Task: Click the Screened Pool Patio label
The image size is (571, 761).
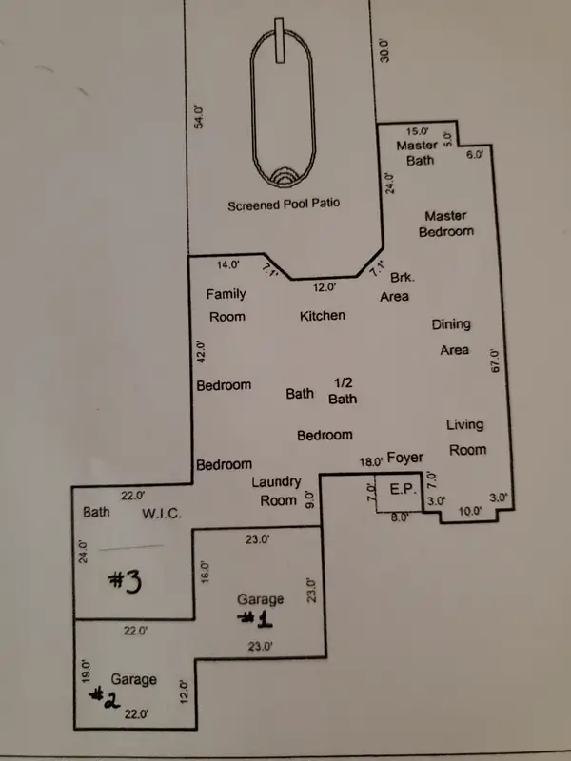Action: pyautogui.click(x=284, y=205)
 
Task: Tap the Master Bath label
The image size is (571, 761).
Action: pyautogui.click(x=417, y=152)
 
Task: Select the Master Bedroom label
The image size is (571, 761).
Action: pyautogui.click(x=445, y=224)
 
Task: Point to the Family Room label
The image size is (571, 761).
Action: pyautogui.click(x=226, y=305)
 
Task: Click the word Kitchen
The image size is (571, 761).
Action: pyautogui.click(x=323, y=316)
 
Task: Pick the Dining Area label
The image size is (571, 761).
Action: pyautogui.click(x=451, y=337)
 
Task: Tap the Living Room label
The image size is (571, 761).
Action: pyautogui.click(x=466, y=438)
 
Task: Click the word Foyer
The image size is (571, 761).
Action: pyautogui.click(x=405, y=458)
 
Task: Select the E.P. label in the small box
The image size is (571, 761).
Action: pyautogui.click(x=403, y=489)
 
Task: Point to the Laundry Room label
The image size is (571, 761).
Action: pyautogui.click(x=276, y=491)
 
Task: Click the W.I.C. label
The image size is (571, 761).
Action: pyautogui.click(x=162, y=514)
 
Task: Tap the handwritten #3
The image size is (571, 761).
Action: pyautogui.click(x=125, y=581)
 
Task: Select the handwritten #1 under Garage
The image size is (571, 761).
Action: pyautogui.click(x=255, y=619)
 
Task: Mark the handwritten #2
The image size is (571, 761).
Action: pyautogui.click(x=105, y=697)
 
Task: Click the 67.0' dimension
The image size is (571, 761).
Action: pyautogui.click(x=495, y=361)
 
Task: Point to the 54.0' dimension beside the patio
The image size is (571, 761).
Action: pyautogui.click(x=199, y=116)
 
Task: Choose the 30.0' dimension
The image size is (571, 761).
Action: pyautogui.click(x=384, y=49)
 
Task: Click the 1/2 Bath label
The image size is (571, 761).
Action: pyautogui.click(x=343, y=391)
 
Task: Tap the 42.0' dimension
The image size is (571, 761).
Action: pyautogui.click(x=202, y=351)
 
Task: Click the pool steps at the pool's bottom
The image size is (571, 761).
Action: pyautogui.click(x=282, y=177)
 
